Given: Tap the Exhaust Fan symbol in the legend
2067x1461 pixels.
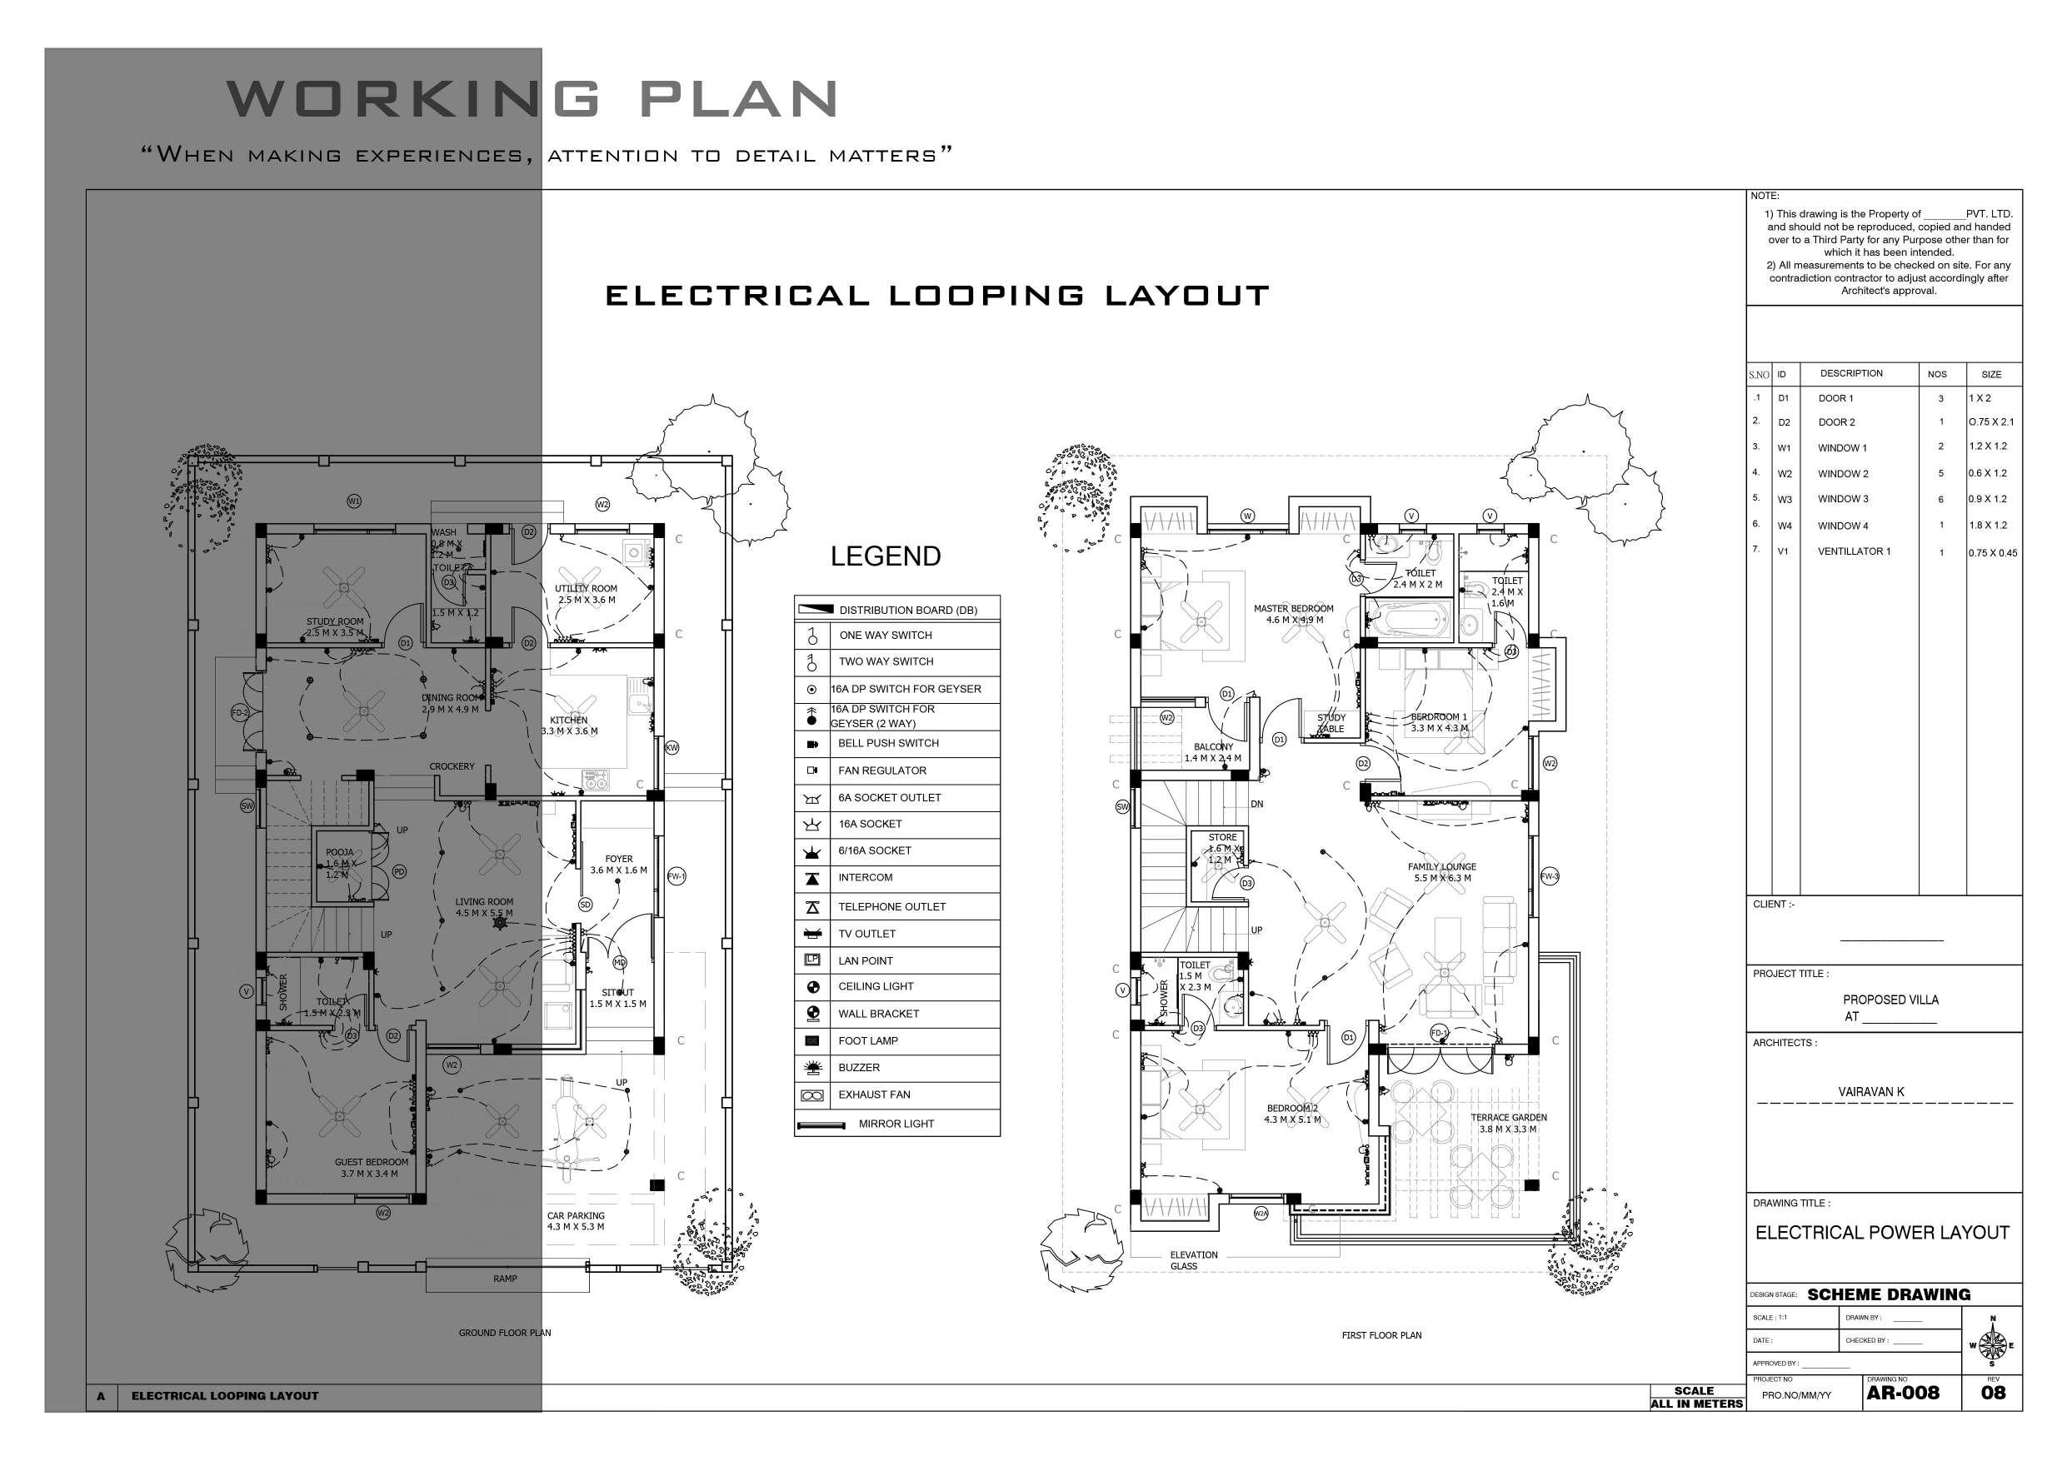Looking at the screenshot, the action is pos(811,1095).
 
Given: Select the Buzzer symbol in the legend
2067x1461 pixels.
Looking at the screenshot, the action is pos(811,1068).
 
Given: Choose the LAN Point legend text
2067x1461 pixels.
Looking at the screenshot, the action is pos(865,960).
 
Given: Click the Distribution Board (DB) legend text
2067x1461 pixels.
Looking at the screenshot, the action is pos(907,611).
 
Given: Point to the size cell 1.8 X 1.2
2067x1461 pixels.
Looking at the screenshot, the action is pos(1988,525).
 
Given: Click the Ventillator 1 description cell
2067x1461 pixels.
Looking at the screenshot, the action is pos(1854,551).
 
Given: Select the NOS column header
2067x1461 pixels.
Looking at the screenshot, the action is pos(1936,375).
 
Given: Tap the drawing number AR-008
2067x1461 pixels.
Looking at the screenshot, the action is pos(1902,1393).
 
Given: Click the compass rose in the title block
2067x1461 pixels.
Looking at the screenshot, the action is pos(1992,1345).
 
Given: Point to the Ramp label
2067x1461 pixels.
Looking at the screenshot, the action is pos(505,1279).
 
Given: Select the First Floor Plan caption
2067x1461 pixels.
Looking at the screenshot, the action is pos(1381,1335).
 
